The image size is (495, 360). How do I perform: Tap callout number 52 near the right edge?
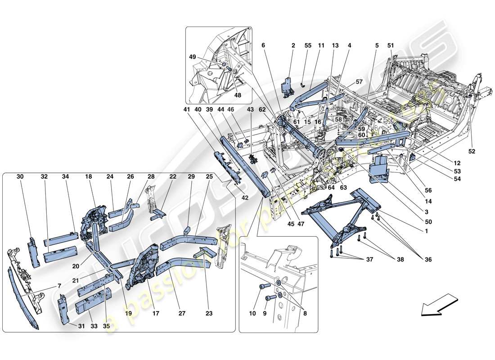(x=472, y=151)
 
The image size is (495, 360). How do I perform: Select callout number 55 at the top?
(x=308, y=45)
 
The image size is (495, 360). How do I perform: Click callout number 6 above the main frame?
(x=264, y=45)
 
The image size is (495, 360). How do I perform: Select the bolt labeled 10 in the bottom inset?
(x=264, y=286)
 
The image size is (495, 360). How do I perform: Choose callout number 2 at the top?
(x=293, y=45)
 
